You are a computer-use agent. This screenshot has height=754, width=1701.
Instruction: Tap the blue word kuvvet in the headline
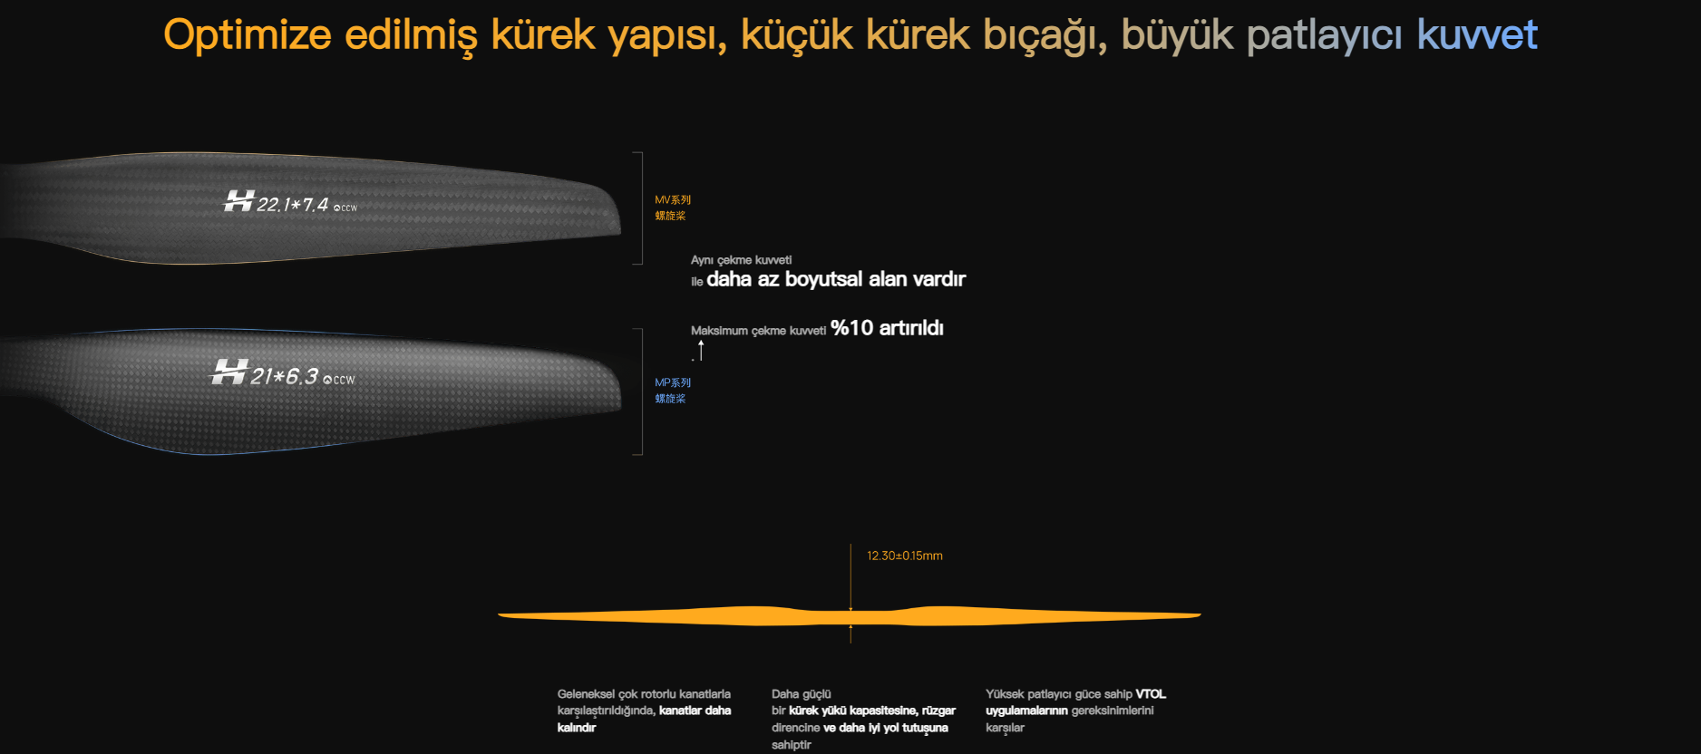1477,35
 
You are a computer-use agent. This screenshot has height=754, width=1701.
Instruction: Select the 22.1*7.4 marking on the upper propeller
292,205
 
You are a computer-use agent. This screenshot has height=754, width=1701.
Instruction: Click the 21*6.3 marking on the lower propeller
285,376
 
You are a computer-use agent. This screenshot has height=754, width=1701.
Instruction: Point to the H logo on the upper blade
238,200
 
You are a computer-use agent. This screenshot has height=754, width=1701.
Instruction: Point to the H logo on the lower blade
228,372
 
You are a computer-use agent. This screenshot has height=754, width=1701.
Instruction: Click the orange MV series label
673,208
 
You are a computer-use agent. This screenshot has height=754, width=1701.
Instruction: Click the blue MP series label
673,391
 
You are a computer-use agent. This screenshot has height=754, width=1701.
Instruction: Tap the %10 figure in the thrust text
851,328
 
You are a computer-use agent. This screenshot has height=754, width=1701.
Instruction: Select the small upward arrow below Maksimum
701,351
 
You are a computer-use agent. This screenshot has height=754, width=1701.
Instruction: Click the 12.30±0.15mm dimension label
905,556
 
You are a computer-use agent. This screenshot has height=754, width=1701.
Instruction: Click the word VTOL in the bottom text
1151,694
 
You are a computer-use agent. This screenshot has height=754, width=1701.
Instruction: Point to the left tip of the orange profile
499,615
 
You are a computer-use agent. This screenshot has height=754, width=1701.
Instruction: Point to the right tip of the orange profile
1200,614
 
